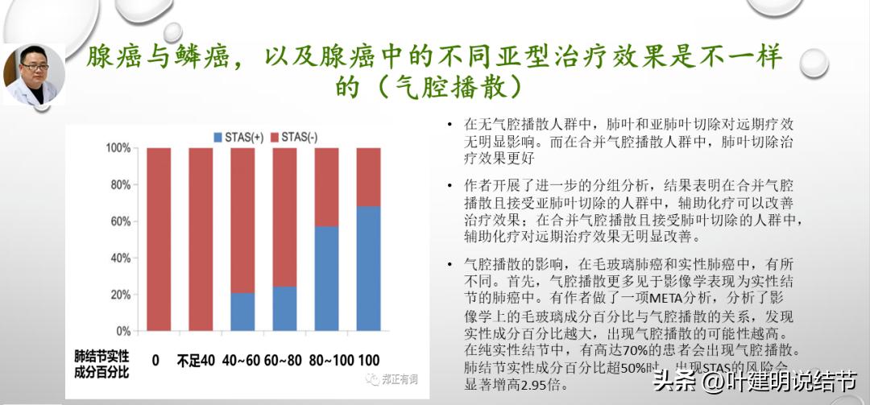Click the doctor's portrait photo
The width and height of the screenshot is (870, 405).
click(x=35, y=74)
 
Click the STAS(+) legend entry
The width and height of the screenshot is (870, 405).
click(x=238, y=138)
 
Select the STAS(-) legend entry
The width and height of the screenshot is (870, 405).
click(x=293, y=138)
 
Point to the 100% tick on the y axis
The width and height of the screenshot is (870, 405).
click(x=118, y=149)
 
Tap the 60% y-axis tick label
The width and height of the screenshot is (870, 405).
click(x=120, y=221)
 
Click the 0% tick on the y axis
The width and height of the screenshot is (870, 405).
click(x=122, y=331)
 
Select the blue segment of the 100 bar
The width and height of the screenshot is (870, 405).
click(x=368, y=268)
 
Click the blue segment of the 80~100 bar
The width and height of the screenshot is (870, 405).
click(x=326, y=279)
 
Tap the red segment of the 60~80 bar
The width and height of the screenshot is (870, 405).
click(x=284, y=217)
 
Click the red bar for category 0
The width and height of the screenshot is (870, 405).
click(x=159, y=239)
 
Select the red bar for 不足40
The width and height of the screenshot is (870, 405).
click(x=201, y=239)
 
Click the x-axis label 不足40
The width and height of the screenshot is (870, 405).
click(x=196, y=360)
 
